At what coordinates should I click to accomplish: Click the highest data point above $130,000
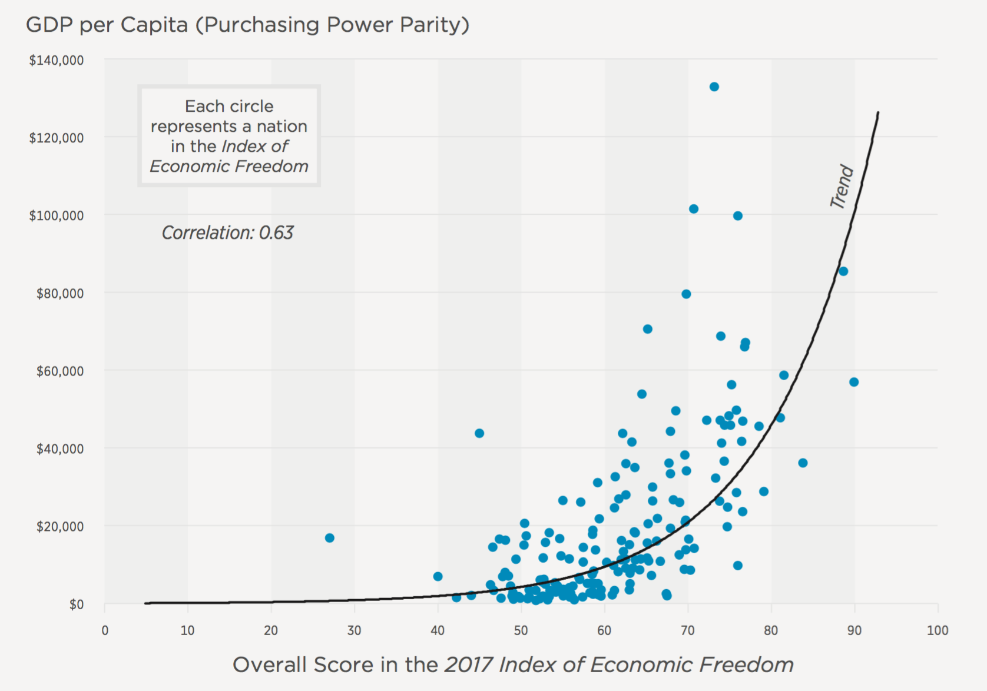coord(714,87)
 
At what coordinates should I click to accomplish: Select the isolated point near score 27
coord(330,538)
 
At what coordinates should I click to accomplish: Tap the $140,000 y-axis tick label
coord(57,60)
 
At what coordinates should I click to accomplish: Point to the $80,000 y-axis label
coord(60,293)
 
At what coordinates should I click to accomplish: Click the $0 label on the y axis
coord(77,604)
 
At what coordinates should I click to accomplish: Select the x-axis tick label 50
coord(521,631)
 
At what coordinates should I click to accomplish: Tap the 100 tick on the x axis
coord(938,631)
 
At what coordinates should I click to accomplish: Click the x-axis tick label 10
coord(187,631)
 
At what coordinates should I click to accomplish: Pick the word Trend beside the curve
coord(842,187)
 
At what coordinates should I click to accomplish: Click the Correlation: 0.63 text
coord(227,233)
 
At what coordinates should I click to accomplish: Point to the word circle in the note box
coord(254,107)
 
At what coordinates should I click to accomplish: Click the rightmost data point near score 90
coord(854,382)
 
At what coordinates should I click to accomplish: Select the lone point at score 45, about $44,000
coord(479,433)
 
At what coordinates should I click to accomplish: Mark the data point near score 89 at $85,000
coord(843,271)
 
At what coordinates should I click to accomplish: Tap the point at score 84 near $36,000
coord(803,463)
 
